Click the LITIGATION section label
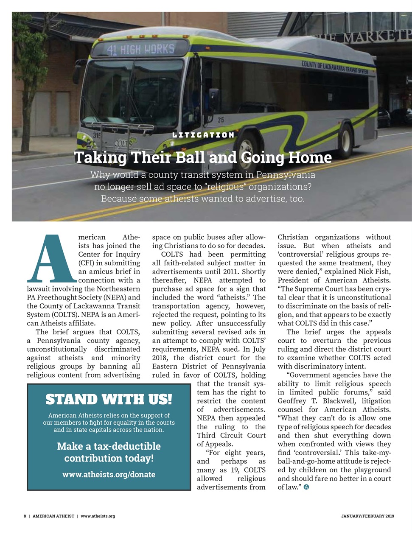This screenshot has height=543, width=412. pos(203,135)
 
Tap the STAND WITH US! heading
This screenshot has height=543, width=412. pos(109,399)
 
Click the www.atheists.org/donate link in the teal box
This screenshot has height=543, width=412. pos(109,474)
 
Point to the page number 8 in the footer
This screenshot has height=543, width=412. pos(25,516)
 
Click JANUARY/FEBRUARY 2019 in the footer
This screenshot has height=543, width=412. pos(367,516)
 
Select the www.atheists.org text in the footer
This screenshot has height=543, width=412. pos(98,516)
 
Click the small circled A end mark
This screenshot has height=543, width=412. pos(306,487)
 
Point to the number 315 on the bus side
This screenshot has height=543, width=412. pos(221,120)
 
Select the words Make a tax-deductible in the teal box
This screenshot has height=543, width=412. pos(109,446)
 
